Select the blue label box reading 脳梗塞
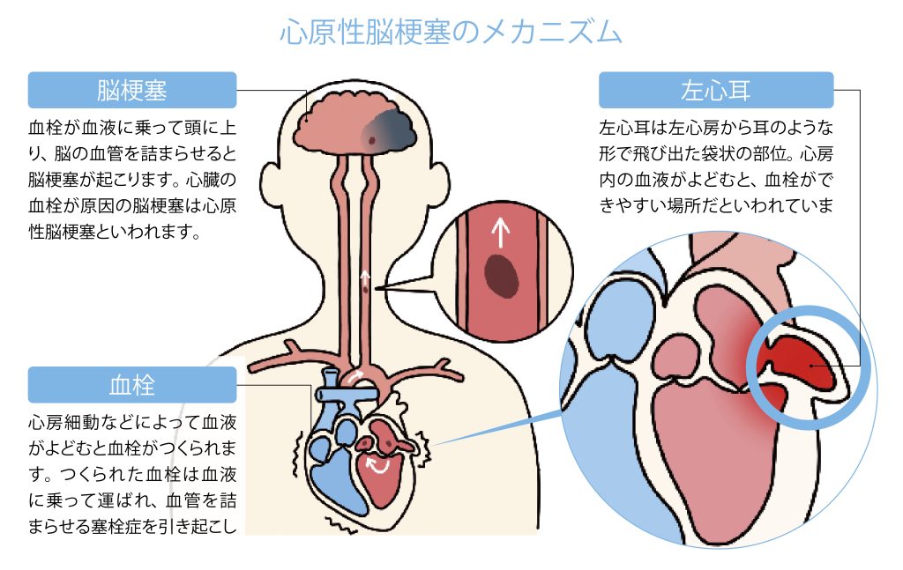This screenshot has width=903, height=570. point(132,90)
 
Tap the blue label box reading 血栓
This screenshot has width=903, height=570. point(132,385)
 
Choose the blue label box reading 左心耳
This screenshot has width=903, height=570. point(715,90)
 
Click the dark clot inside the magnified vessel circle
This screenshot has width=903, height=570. point(501,271)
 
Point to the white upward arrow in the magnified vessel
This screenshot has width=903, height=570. point(500,231)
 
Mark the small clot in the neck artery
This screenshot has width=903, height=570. point(365,285)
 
